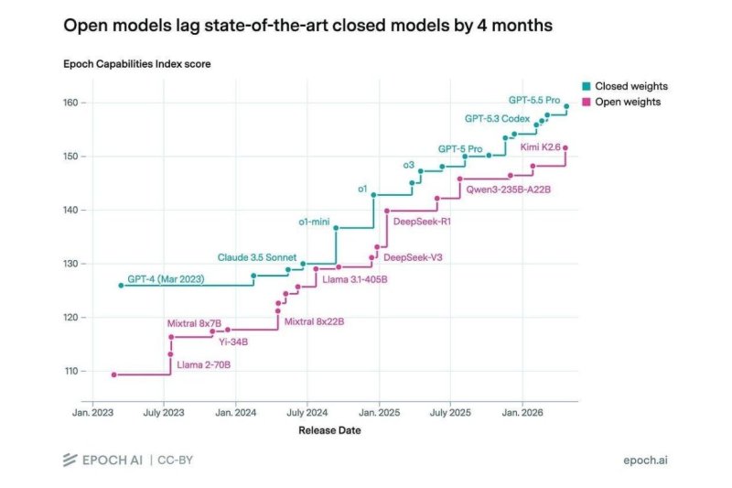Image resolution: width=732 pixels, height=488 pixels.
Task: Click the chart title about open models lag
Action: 307,26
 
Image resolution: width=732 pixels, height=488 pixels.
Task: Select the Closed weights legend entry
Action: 625,86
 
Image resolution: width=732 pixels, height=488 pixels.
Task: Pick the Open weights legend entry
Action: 621,102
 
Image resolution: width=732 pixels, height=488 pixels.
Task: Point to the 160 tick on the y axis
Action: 70,103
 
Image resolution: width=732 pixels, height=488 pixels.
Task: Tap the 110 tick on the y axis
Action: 70,371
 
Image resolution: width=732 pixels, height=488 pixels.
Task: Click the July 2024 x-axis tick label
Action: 307,413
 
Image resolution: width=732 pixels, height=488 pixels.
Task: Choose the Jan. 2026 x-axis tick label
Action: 522,413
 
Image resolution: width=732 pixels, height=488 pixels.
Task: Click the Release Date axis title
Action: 329,430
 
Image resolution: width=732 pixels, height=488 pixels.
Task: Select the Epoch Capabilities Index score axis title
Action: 136,64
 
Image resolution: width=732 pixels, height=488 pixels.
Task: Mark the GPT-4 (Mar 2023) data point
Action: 122,286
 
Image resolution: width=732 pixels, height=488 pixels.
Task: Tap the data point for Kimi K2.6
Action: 565,148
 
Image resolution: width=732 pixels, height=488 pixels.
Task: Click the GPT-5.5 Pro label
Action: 534,100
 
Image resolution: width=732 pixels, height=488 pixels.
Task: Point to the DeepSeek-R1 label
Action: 422,222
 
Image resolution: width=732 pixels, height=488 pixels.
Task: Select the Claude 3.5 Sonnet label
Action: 257,257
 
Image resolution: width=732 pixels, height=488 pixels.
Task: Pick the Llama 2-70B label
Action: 203,364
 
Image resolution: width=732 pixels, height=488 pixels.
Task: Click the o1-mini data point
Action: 336,228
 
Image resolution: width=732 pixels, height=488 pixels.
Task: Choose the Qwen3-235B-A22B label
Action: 509,190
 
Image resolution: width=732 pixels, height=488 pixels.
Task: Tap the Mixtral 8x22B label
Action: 314,321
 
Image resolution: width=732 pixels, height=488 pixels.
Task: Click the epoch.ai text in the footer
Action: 645,461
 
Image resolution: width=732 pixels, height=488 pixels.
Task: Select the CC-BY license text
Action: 175,461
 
